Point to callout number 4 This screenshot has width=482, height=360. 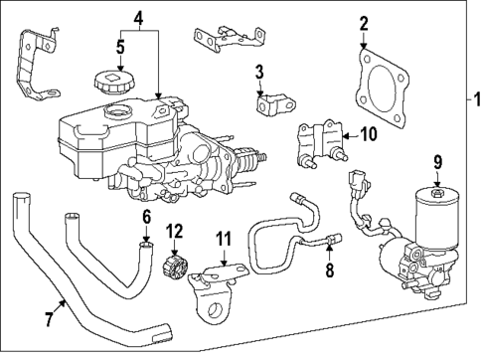[139, 17]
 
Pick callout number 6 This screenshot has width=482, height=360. [145, 216]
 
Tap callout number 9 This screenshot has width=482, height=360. [434, 162]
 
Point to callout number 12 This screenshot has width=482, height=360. [175, 232]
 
